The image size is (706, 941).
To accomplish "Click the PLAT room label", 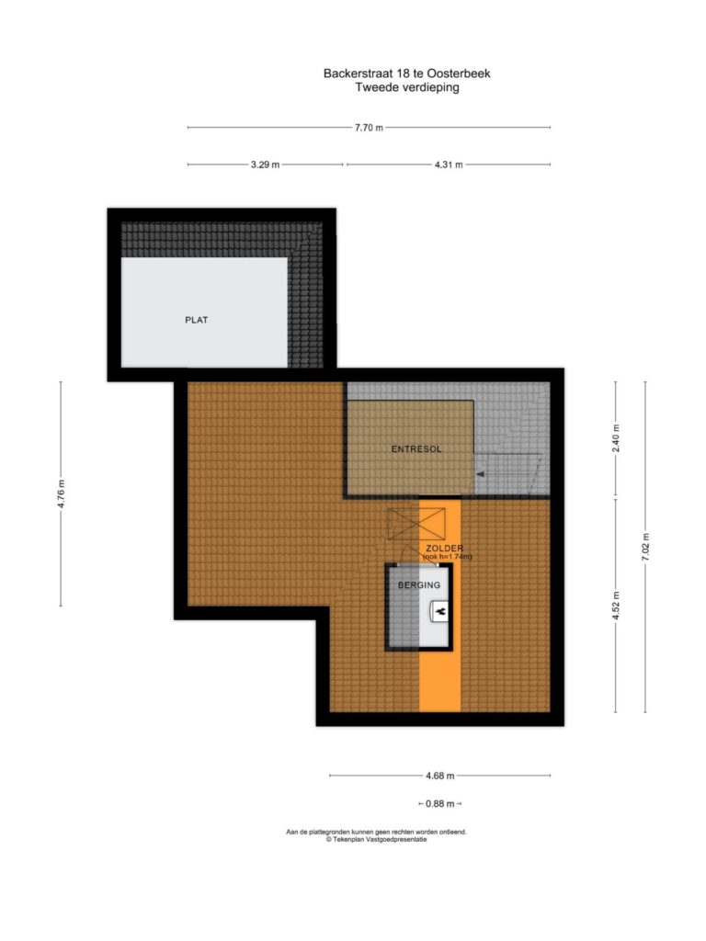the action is pyautogui.click(x=197, y=320).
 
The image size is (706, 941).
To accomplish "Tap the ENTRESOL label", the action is pyautogui.click(x=416, y=448).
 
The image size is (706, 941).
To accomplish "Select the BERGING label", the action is pyautogui.click(x=419, y=584).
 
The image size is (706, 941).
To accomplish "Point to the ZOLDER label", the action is pyautogui.click(x=444, y=548).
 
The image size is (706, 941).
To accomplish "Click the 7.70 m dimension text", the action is pyautogui.click(x=369, y=127).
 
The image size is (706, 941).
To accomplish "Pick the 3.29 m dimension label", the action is pyautogui.click(x=266, y=164).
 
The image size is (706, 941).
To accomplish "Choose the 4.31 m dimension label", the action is pyautogui.click(x=449, y=164).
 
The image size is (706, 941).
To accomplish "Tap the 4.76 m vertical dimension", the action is pyautogui.click(x=61, y=493).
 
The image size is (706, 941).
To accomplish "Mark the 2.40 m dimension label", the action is pyautogui.click(x=616, y=438).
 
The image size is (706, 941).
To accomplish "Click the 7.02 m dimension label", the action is pyautogui.click(x=646, y=547).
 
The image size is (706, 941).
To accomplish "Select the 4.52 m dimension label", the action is pyautogui.click(x=616, y=606).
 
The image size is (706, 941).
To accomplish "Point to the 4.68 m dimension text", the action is pyautogui.click(x=440, y=776).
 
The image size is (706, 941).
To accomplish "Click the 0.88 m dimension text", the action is pyautogui.click(x=440, y=803).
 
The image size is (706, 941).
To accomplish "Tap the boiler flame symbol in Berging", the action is pyautogui.click(x=440, y=611).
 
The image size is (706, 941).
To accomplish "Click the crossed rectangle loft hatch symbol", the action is pyautogui.click(x=416, y=523).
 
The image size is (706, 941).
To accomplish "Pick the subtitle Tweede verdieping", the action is pyautogui.click(x=407, y=87).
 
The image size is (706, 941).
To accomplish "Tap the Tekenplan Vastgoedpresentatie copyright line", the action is pyautogui.click(x=376, y=840).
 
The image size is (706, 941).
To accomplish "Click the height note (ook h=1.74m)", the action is pyautogui.click(x=448, y=557).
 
